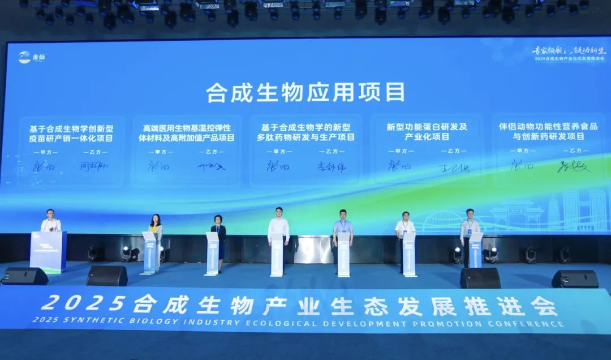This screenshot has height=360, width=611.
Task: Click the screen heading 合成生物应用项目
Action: pos(305,92)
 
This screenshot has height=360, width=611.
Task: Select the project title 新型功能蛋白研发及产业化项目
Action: pos(427,132)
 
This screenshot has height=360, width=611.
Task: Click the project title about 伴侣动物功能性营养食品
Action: pos(548,131)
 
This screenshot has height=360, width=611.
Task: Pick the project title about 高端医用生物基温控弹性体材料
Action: pos(185,132)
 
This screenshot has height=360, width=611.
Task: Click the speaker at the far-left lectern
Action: pos(50,221)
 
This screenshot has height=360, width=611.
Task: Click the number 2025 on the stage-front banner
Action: pos(83,304)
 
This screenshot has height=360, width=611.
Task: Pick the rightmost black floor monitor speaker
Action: pos(574,278)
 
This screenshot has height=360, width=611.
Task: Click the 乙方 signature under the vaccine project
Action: pos(94,166)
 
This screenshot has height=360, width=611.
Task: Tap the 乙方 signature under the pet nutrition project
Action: pos(574,166)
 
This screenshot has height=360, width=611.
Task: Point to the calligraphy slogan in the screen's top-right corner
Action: pos(569,50)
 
